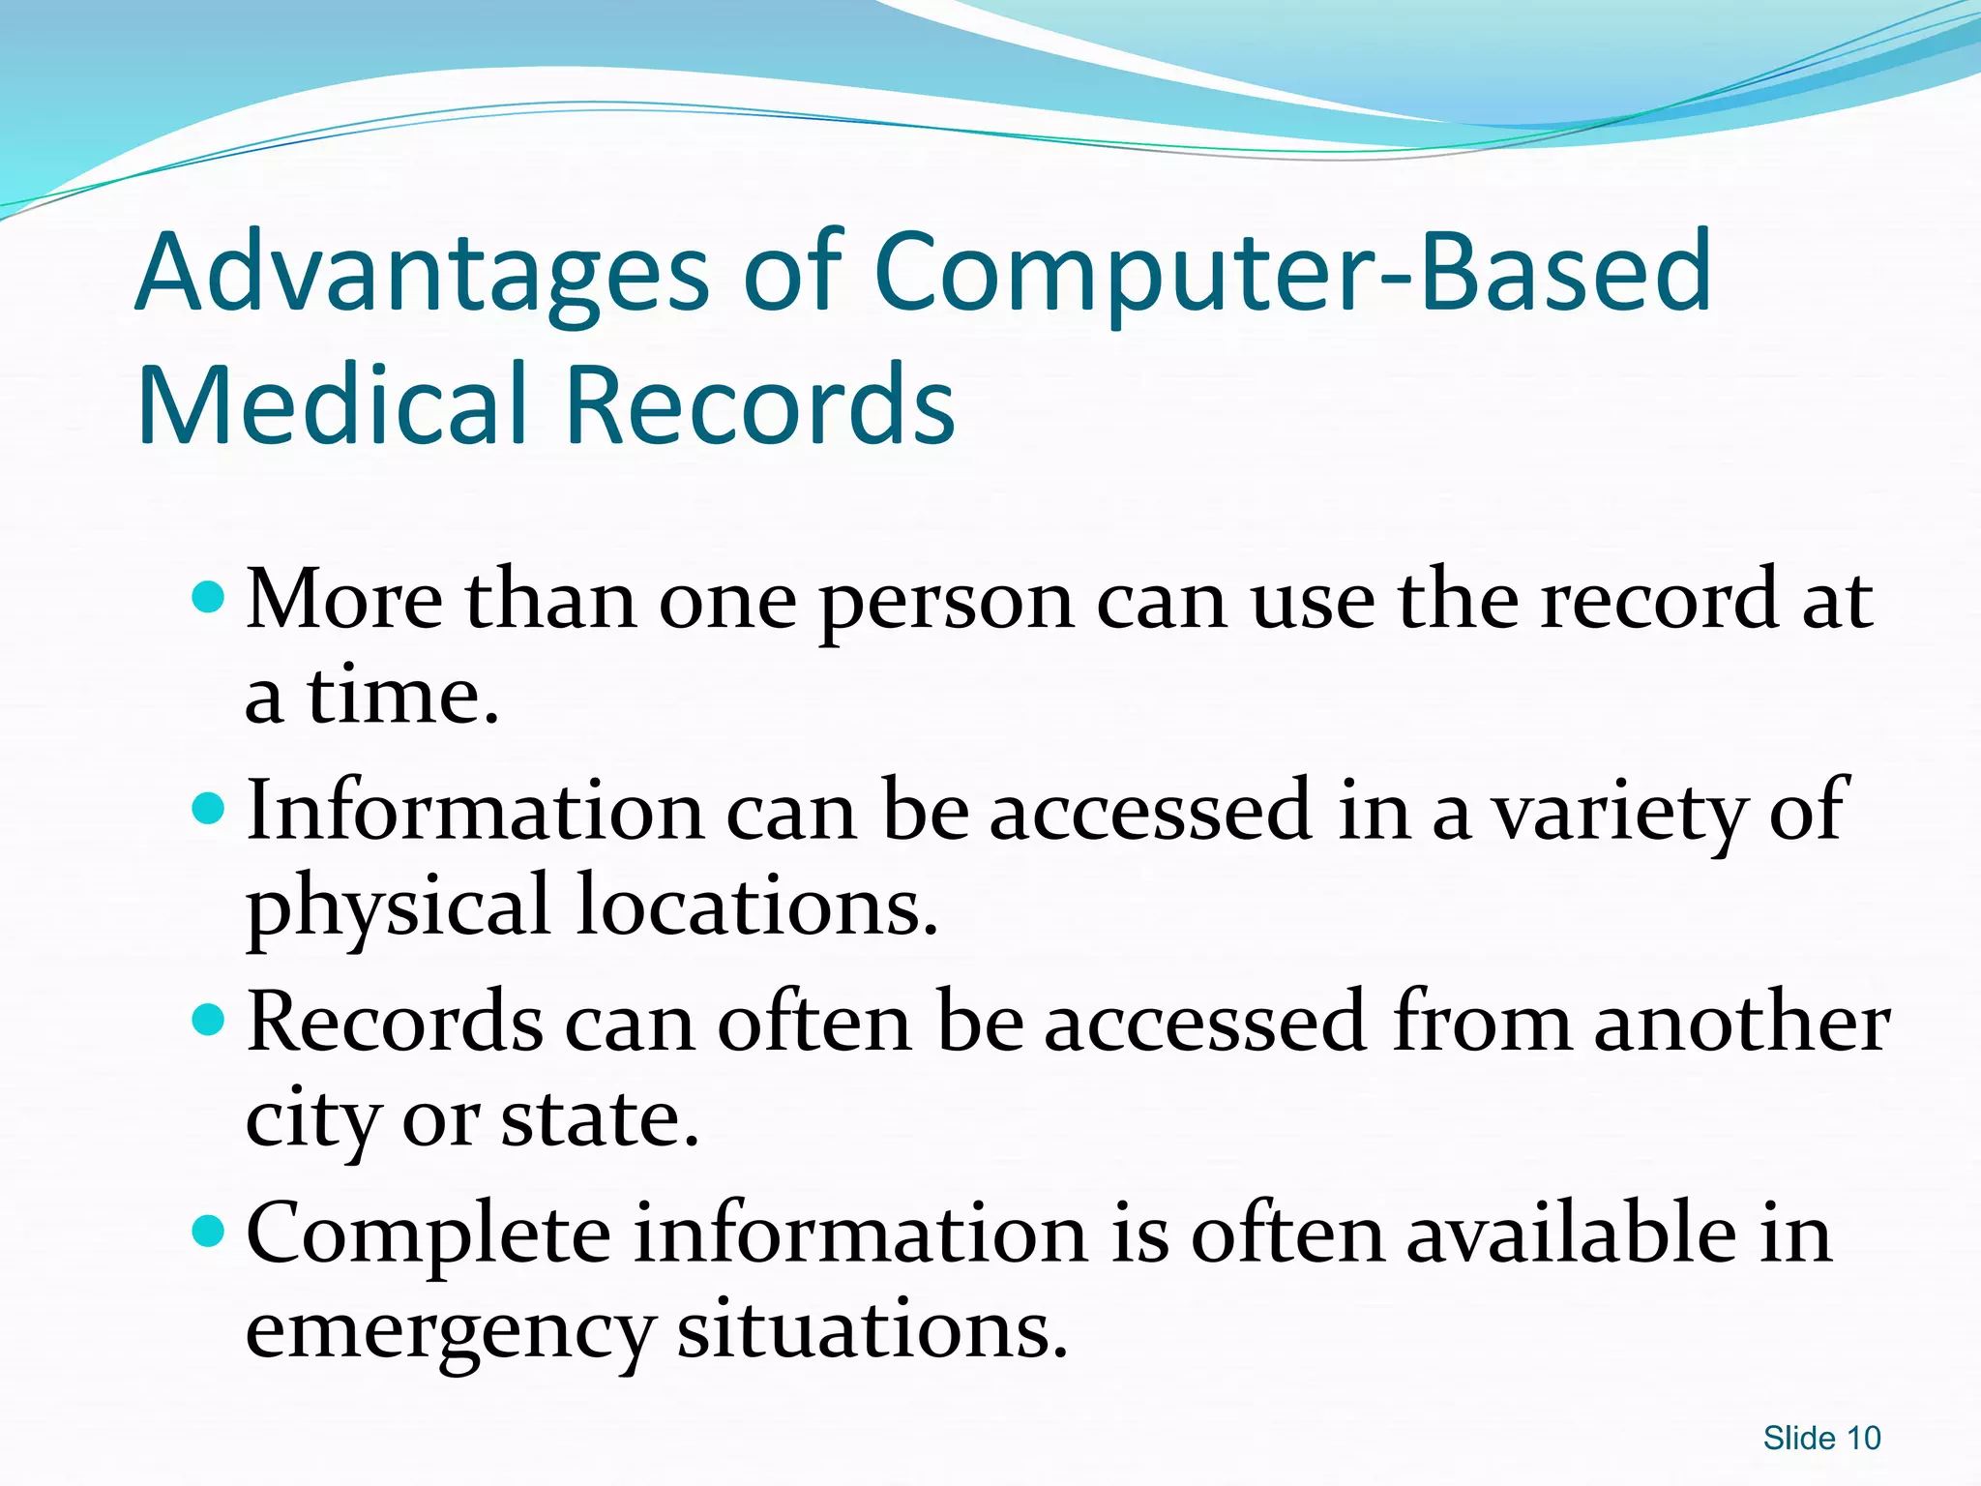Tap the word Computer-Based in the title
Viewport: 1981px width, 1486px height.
[x=1292, y=276]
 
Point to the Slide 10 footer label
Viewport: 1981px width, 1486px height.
[x=1821, y=1439]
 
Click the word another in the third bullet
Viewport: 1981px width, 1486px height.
[x=1741, y=1024]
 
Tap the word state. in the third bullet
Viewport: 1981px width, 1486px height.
[x=600, y=1120]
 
